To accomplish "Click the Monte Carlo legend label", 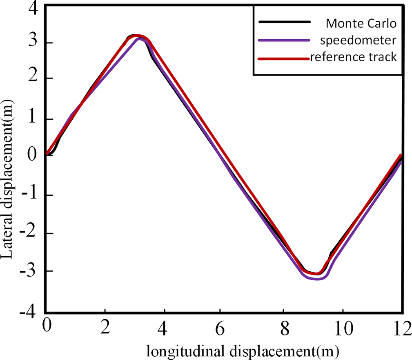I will [361, 24].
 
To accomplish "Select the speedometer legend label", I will [359, 40].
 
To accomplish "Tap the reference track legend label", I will [353, 57].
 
